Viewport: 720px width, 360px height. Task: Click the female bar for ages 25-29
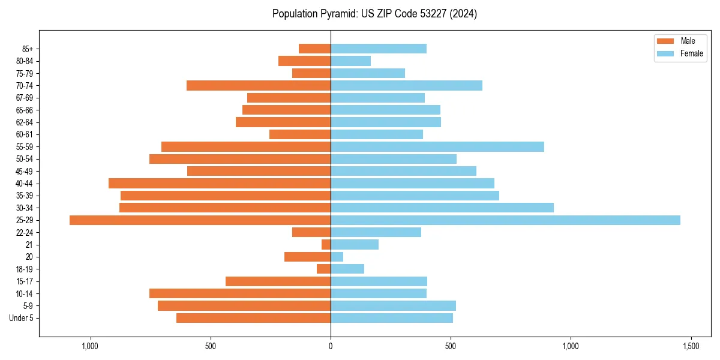point(505,220)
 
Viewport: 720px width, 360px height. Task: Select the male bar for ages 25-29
point(200,220)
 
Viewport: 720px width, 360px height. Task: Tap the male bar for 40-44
point(220,183)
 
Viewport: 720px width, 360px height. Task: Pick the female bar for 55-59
point(437,146)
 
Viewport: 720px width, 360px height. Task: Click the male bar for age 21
point(326,245)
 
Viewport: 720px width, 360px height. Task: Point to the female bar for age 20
point(337,257)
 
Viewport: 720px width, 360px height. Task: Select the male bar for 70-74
point(259,85)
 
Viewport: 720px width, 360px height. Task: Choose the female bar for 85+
point(379,49)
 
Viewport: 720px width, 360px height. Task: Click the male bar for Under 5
point(253,318)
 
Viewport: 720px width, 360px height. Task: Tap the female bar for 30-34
point(442,208)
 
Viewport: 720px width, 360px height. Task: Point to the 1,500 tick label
point(691,347)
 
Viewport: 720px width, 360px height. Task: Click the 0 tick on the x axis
point(331,347)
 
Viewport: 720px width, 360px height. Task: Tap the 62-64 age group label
point(25,122)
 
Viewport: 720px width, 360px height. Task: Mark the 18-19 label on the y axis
point(25,269)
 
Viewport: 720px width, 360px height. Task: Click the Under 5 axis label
point(22,318)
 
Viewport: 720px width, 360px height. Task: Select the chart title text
point(374,14)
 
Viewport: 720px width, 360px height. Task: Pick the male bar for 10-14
point(240,293)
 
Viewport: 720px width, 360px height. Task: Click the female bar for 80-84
point(350,61)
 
